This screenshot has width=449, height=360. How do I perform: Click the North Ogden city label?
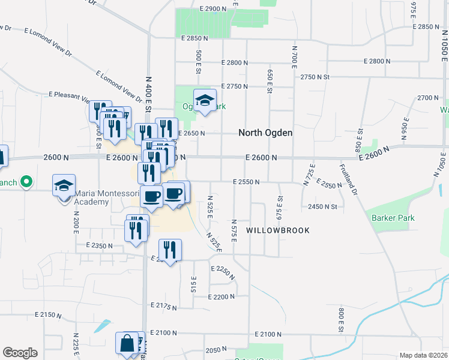(x=265, y=133)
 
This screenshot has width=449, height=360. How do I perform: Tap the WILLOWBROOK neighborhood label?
(x=278, y=230)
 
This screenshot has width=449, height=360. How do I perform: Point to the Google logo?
(x=20, y=353)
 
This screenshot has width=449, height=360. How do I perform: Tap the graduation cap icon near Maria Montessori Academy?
(x=64, y=186)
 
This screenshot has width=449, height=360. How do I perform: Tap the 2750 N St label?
(x=315, y=77)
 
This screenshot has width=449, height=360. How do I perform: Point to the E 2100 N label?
(x=268, y=334)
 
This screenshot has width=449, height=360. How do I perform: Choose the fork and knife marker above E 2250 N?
(x=170, y=250)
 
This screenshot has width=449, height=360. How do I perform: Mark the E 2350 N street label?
(x=100, y=245)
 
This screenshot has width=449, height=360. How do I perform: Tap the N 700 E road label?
(x=295, y=56)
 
